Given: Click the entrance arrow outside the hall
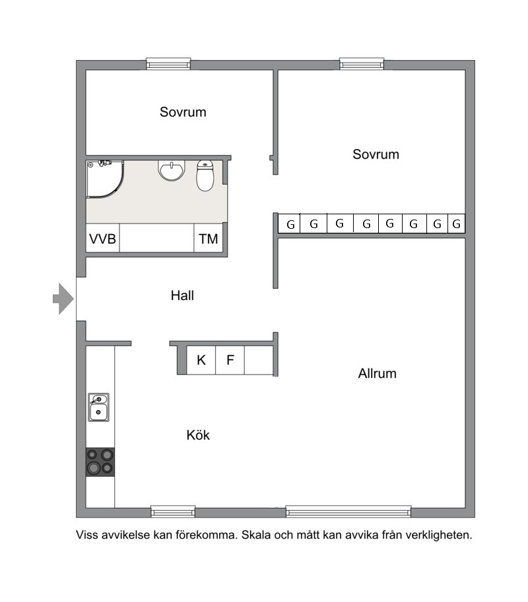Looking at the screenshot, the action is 63,299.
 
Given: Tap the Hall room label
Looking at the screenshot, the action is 182,295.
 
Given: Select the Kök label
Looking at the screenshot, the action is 198,435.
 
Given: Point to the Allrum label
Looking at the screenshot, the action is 377,373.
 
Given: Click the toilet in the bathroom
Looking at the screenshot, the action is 205,175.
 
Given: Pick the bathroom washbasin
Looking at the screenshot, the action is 172,170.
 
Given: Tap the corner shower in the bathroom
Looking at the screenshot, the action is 104,179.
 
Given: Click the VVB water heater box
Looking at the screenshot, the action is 102,238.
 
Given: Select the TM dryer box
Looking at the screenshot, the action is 209,238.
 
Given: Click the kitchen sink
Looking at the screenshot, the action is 99,407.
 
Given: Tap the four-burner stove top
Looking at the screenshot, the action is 100,462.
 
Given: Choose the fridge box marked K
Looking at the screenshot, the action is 201,360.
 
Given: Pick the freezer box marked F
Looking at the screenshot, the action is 230,360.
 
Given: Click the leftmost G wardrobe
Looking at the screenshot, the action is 289,224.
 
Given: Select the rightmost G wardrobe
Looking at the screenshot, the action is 457,224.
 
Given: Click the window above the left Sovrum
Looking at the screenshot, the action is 168,64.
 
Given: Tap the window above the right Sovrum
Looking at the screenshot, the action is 362,64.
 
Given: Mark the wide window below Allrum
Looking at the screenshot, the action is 348,512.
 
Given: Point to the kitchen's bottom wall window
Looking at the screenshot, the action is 173,512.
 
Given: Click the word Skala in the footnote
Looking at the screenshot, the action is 256,535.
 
